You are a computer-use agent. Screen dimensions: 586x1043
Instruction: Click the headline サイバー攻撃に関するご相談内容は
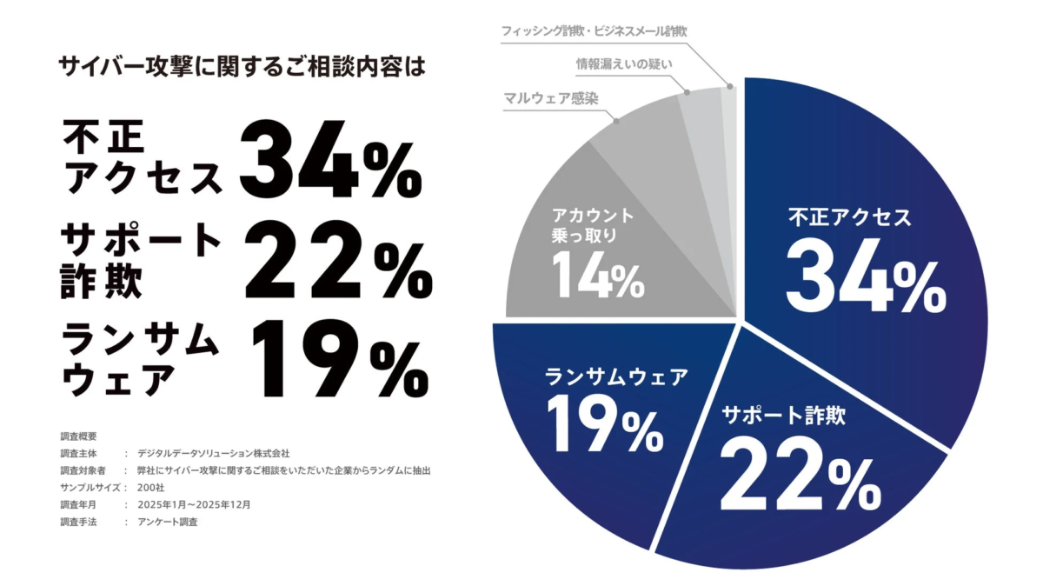242,66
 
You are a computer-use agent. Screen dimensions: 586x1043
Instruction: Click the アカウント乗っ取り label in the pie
592,224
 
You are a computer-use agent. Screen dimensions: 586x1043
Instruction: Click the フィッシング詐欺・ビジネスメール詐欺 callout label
595,31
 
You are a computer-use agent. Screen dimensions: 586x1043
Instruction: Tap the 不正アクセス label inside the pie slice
849,217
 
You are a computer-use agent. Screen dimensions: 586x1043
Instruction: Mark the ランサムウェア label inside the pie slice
616,376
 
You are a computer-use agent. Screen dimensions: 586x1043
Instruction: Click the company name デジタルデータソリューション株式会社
213,453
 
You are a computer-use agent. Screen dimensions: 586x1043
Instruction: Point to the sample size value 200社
150,487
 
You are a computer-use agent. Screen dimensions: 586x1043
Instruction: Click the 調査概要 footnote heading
79,436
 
